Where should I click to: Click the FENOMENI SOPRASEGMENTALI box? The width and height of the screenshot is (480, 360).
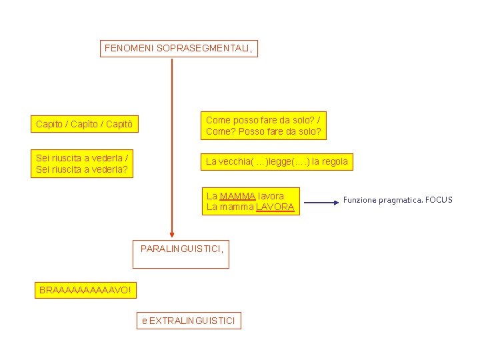click(x=179, y=49)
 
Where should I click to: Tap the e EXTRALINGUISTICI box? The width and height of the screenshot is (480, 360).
click(x=188, y=321)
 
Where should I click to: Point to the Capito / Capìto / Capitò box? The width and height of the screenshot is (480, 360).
click(x=85, y=124)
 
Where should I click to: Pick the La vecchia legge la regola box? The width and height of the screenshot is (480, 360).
click(x=277, y=161)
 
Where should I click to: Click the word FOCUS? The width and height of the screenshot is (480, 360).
click(x=439, y=200)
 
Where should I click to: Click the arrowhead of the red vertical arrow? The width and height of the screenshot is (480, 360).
click(x=172, y=233)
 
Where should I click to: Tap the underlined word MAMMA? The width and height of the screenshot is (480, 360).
click(x=237, y=196)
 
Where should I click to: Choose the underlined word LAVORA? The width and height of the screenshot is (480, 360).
click(x=275, y=207)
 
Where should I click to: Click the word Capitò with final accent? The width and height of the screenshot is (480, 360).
click(x=119, y=125)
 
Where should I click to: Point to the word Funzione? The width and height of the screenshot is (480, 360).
click(x=360, y=200)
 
